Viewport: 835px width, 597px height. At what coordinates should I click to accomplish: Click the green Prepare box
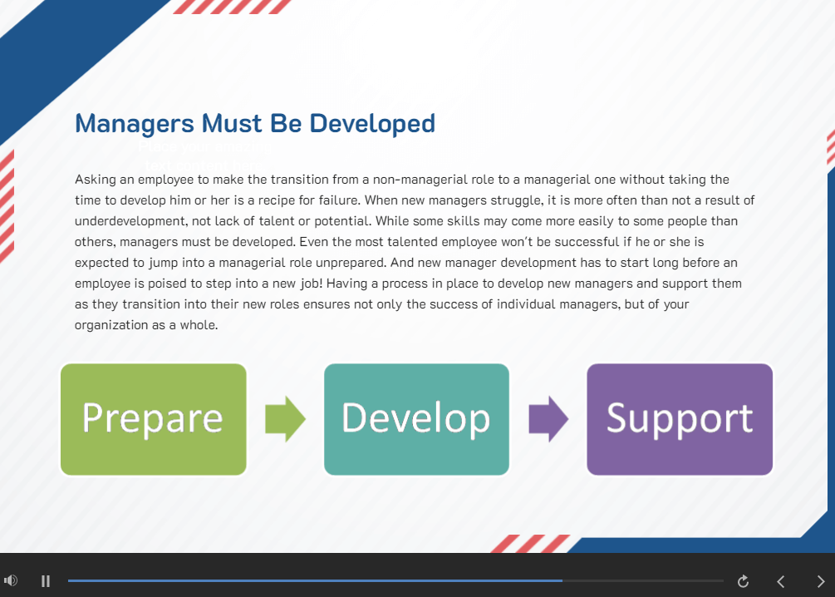pyautogui.click(x=154, y=419)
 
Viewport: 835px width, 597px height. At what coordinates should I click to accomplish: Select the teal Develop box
pyautogui.click(x=416, y=419)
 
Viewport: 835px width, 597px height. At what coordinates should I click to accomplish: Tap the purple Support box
pyautogui.click(x=680, y=419)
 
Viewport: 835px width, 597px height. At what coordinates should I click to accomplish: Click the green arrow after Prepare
pyautogui.click(x=285, y=419)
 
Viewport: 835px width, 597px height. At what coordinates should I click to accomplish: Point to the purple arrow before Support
pyautogui.click(x=548, y=419)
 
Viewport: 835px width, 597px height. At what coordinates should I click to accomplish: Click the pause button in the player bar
pyautogui.click(x=46, y=581)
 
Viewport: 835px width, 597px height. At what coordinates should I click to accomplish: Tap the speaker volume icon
pyautogui.click(x=11, y=580)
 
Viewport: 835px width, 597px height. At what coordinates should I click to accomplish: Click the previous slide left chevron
pyautogui.click(x=780, y=581)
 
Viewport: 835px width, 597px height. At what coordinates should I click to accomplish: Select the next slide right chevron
pyautogui.click(x=821, y=581)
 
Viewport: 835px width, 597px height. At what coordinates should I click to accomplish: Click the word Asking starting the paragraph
pyautogui.click(x=94, y=180)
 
